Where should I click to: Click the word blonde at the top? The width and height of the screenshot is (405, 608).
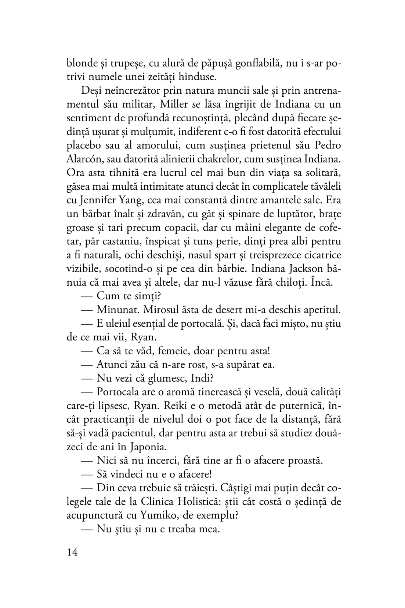pyautogui.click(x=80, y=63)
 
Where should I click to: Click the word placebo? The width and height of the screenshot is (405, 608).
pyautogui.click(x=86, y=146)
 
